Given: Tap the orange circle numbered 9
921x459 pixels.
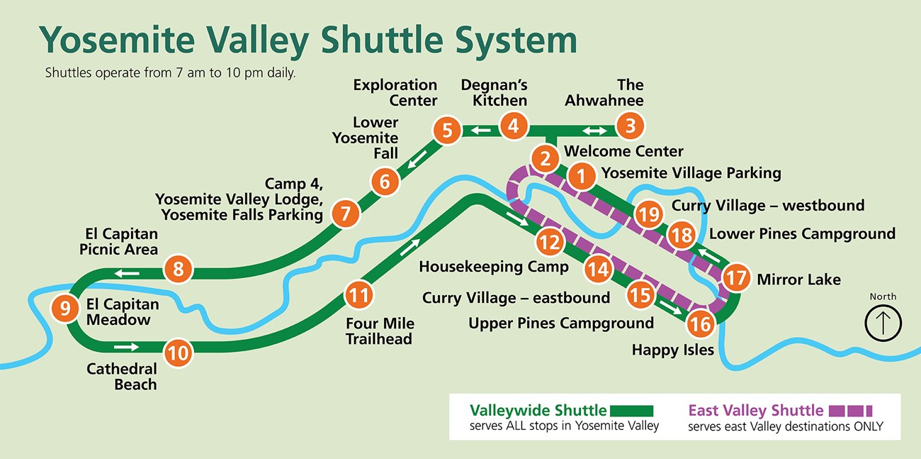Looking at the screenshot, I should [65, 309].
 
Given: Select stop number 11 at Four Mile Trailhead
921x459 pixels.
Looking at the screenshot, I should [359, 294].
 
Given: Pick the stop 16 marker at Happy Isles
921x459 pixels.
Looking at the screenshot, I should [701, 324].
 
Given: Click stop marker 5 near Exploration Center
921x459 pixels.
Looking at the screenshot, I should [447, 131].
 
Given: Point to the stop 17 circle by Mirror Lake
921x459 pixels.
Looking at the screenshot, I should [736, 277].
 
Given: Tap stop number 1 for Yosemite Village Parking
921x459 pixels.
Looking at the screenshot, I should [581, 177].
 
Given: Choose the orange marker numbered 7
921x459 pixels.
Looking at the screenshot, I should [345, 214].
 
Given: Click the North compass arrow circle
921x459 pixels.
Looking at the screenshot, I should [883, 323].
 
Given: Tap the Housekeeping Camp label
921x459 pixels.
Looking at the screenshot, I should [493, 267].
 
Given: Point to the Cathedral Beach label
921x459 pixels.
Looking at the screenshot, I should [121, 377].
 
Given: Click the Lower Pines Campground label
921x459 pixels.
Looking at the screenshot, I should [802, 233].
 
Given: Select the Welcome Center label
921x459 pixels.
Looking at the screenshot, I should [623, 151].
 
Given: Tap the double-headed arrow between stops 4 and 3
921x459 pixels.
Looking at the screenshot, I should [594, 131].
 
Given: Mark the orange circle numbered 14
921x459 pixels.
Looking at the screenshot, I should [599, 269].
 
